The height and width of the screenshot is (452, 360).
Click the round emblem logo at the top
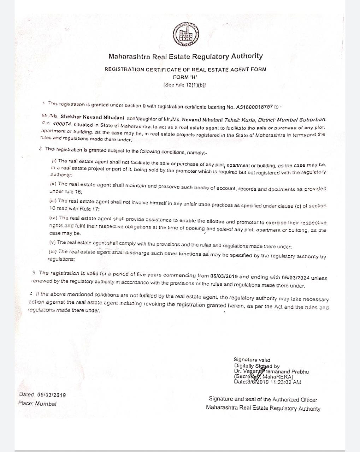click(185, 34)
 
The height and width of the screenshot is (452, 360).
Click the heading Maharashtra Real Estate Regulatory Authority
click(185, 56)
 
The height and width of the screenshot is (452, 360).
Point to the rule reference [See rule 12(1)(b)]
click(185, 85)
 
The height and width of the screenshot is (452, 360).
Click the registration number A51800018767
click(255, 107)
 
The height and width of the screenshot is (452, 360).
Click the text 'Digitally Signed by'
click(257, 366)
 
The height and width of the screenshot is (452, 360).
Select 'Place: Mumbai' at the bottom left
click(37, 403)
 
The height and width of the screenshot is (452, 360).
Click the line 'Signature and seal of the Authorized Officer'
click(263, 399)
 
